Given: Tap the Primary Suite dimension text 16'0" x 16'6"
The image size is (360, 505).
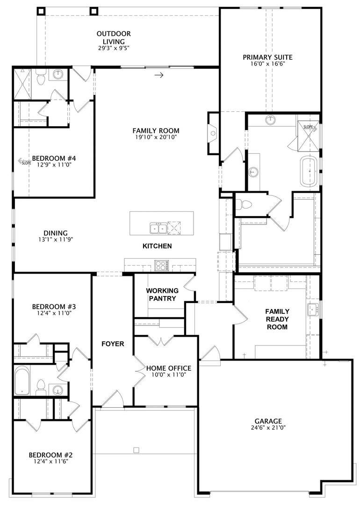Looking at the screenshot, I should click(267, 64).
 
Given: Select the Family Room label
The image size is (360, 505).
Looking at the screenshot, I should click(156, 131).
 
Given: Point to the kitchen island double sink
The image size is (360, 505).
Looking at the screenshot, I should click(158, 228).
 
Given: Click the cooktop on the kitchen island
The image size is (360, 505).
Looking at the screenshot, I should click(174, 228).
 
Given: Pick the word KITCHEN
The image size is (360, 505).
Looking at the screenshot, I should click(157, 246).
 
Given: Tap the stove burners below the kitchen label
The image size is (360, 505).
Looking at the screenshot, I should click(162, 266).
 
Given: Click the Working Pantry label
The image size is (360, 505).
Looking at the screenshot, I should click(161, 295).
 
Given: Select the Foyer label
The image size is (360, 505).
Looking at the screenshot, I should click(113, 344).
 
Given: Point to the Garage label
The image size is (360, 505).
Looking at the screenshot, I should click(268, 421).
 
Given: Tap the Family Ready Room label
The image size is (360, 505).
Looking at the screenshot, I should click(277, 319).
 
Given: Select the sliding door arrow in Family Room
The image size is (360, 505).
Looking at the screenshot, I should click(159, 75).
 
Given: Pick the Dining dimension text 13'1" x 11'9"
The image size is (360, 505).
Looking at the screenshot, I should click(56, 239).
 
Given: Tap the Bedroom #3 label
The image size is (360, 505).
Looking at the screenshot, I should click(54, 307).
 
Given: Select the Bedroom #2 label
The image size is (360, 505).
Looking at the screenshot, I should click(50, 454).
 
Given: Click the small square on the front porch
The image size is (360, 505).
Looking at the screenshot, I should click(136, 450).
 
